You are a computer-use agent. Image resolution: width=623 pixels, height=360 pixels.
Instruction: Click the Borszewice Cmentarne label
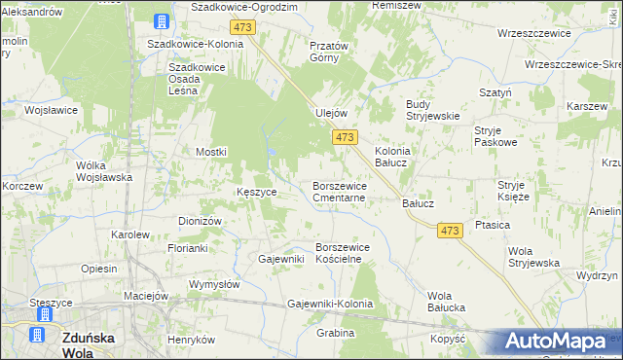pos(340,191)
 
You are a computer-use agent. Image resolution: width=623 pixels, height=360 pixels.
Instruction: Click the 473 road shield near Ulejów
pos(345,139)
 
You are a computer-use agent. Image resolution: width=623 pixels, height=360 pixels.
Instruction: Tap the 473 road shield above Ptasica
pos(449,230)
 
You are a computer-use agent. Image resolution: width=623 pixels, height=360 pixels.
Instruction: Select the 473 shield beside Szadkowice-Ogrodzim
pos(243,27)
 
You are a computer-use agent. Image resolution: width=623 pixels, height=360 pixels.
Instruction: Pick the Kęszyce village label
pos(257,192)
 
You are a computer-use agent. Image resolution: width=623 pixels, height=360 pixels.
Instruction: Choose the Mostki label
pos(211,152)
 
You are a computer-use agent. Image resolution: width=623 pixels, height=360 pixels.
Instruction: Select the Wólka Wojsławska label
pos(104,171)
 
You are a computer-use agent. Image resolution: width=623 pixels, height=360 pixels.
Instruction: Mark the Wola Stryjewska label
pos(533,257)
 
